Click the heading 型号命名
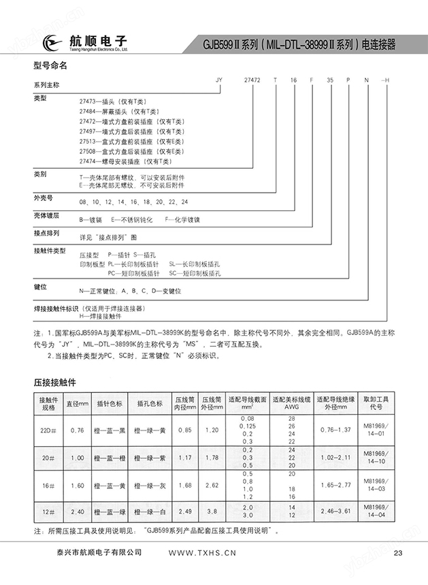coord(50,66)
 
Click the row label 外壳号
coord(43,197)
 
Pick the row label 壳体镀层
coord(47,215)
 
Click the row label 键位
coord(40,287)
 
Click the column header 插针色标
coord(110,403)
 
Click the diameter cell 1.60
coord(77,486)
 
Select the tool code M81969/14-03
coord(376,486)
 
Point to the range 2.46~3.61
coord(335,511)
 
